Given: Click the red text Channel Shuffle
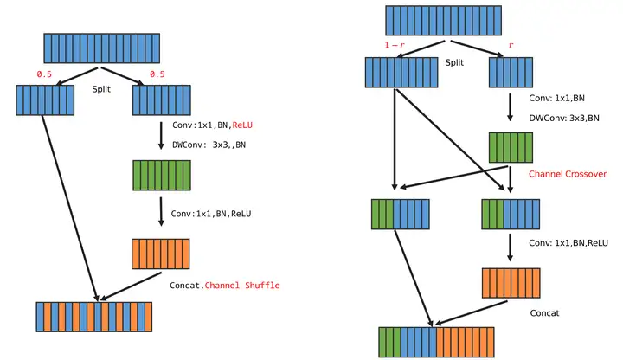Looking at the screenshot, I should pos(241,286).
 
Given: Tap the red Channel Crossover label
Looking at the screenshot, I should pos(568,174).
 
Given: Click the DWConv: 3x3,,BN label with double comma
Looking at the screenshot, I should pos(209,145).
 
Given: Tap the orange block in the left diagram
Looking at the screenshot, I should pos(161,254).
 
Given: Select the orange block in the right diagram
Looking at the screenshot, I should pos(511,283).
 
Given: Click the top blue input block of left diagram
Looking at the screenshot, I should pos(102,48).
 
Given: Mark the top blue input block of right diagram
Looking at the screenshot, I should pos(444,21).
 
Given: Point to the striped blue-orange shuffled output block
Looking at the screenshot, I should pos(93,317).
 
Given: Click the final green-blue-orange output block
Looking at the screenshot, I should pos(436,342).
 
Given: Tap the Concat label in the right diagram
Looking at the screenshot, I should pos(545,312).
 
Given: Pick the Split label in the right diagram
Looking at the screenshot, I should pos(454,62).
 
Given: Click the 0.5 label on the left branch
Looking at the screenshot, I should pos(44,74).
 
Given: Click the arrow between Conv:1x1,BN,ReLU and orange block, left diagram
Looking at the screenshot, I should pos(161,213).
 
